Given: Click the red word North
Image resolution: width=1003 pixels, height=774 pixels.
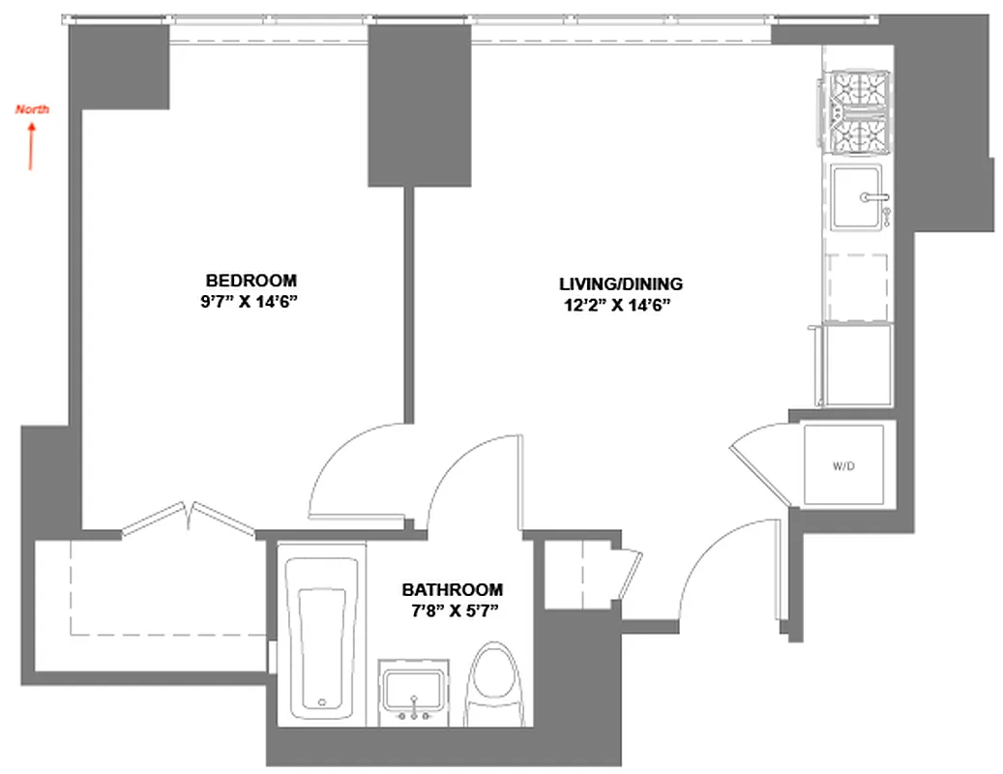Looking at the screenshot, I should (x=32, y=109).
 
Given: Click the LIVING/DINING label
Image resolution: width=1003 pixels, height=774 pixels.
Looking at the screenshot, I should (x=621, y=284).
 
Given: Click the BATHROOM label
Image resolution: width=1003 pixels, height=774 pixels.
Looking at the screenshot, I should (x=453, y=589).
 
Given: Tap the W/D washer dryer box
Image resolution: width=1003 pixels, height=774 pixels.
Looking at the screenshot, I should (x=844, y=465).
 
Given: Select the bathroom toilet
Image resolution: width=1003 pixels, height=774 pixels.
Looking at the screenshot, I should (x=496, y=685).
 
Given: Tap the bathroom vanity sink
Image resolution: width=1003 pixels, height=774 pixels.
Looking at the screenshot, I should (x=414, y=691).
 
